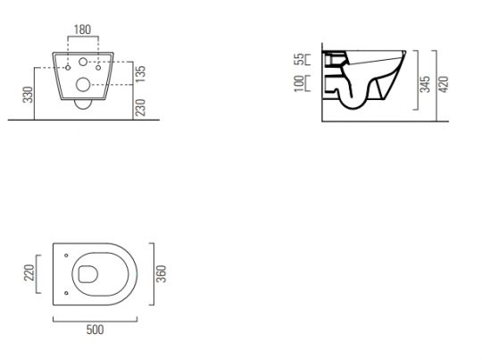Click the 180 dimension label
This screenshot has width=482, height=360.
[83, 29]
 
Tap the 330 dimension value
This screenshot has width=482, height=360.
[29, 95]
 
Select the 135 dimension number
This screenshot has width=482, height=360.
[140, 74]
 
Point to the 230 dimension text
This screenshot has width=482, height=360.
[140, 107]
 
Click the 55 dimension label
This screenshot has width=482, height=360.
[299, 59]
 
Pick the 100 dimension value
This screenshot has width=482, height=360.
[299, 83]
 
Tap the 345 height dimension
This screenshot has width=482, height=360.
[425, 84]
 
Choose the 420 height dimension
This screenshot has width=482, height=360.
[444, 84]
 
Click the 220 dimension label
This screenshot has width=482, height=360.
[29, 272]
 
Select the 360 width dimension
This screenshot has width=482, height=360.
[161, 274]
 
